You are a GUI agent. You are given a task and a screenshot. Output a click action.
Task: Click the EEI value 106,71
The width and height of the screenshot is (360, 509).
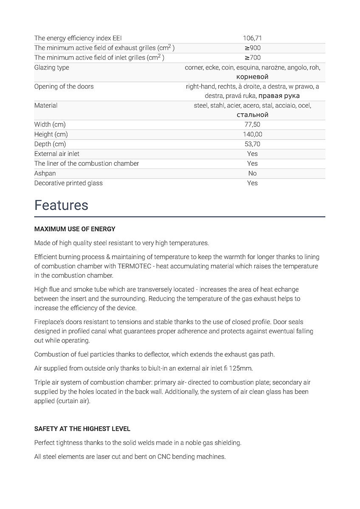point(252,38)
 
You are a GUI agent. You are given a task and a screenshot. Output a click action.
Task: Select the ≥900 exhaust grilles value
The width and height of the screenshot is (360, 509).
point(252,48)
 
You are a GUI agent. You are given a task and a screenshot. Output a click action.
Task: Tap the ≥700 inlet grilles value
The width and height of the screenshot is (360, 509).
point(252,58)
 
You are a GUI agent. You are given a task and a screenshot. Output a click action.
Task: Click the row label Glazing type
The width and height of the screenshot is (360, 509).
point(51,67)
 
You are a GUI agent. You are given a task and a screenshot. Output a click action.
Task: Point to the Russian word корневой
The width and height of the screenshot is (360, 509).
point(252,77)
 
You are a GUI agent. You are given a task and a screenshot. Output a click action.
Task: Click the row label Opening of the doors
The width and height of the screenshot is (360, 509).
point(64,87)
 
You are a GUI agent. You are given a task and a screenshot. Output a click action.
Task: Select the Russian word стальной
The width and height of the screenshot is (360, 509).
point(252,115)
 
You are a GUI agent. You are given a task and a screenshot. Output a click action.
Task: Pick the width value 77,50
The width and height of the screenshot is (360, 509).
point(252,125)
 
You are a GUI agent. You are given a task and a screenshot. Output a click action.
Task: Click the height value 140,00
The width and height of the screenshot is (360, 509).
point(252,134)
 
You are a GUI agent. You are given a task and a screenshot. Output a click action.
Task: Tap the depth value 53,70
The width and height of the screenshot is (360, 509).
point(252,144)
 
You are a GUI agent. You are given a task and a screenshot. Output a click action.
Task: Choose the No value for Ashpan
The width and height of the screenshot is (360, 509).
point(252,173)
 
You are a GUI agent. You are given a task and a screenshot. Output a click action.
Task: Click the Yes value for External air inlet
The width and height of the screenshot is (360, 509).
point(252,154)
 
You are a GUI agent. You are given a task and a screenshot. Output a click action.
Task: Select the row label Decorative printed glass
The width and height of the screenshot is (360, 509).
point(68,183)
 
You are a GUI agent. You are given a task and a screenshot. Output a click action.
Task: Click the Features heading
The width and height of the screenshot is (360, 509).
point(61,205)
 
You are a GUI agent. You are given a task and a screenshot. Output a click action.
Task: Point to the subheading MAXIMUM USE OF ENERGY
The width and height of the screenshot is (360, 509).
point(75,229)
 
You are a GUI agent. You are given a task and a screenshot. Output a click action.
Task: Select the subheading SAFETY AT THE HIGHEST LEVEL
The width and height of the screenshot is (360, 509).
point(82,429)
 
